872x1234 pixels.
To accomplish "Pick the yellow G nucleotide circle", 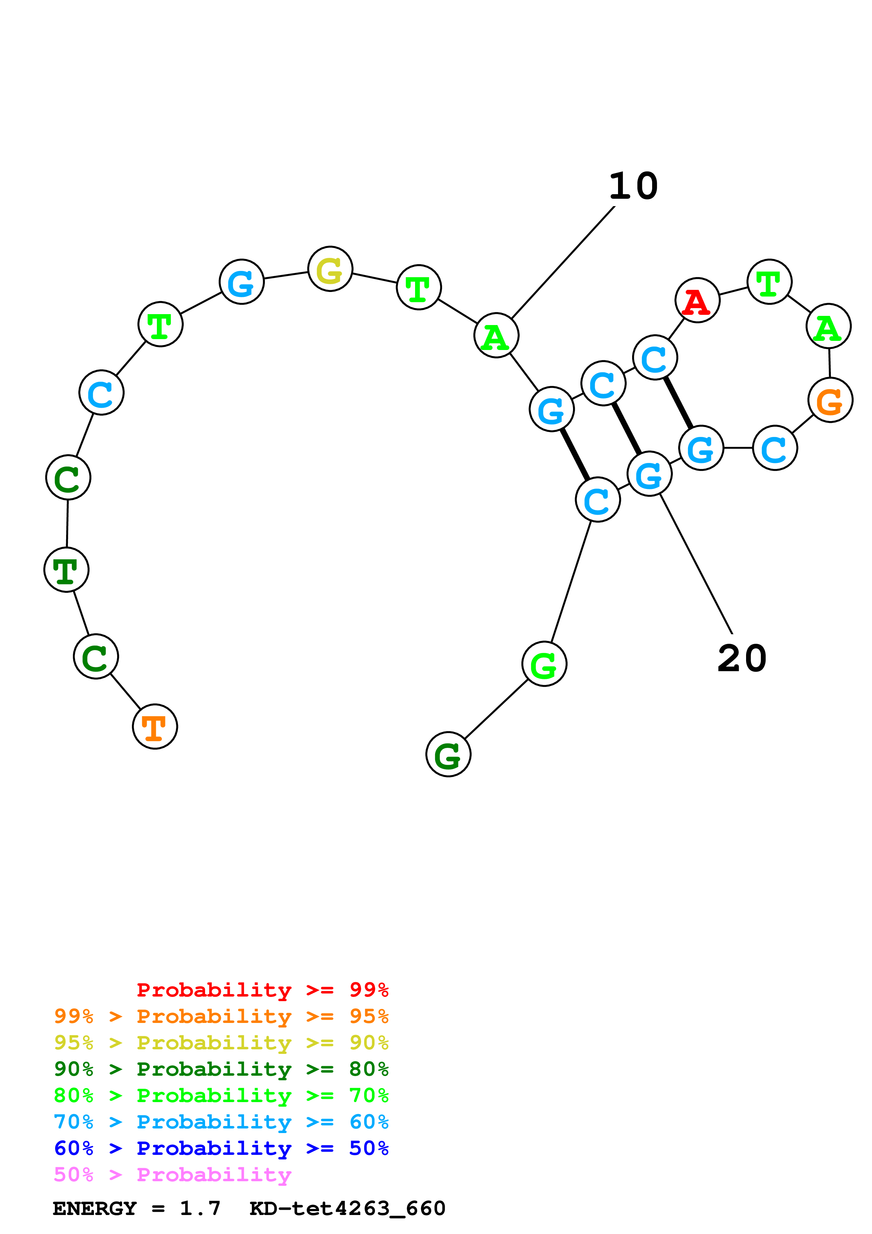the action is tap(330, 269).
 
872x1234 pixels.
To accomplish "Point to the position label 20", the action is tap(741, 659).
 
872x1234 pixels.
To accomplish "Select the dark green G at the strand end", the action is tap(448, 754).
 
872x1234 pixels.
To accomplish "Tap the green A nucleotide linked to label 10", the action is tap(496, 335).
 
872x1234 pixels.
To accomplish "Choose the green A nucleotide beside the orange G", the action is tap(828, 326).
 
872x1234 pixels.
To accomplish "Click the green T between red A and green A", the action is tap(769, 282).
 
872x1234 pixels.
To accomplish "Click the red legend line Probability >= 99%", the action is tap(262, 990).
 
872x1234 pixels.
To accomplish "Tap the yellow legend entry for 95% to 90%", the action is tap(221, 1042).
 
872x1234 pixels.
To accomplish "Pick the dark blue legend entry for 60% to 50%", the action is tap(221, 1148).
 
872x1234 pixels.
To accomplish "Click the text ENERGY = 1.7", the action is tap(136, 1209).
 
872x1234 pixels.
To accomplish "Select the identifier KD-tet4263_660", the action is tap(347, 1209).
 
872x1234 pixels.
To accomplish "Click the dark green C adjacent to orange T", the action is tap(96, 656).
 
